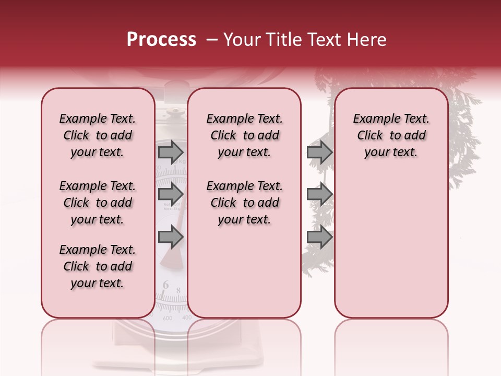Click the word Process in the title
click(161, 40)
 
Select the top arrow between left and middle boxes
click(171, 152)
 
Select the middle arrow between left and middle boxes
click(171, 194)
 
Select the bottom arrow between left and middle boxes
click(171, 237)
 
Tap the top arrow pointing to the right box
click(319, 152)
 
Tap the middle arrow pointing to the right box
click(319, 194)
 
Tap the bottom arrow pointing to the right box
click(319, 237)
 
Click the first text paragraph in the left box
click(97, 135)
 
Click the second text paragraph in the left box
click(97, 203)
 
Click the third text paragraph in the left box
click(97, 266)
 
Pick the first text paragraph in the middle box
click(244, 135)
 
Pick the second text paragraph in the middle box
click(244, 203)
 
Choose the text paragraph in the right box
click(391, 135)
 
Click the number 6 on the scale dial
click(165, 285)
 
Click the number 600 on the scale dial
click(168, 318)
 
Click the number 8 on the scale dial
click(178, 290)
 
